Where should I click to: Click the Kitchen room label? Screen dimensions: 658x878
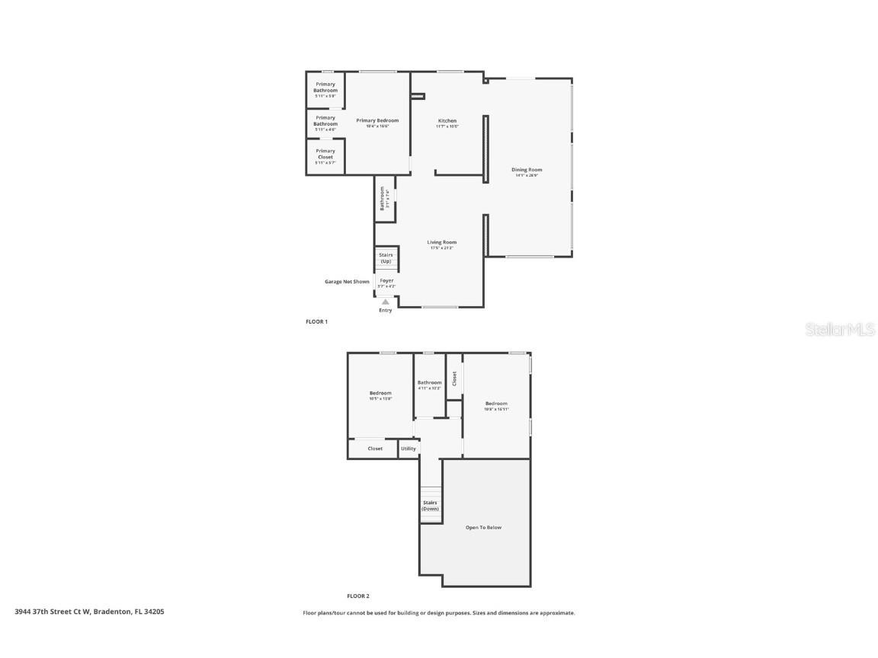click(447, 121)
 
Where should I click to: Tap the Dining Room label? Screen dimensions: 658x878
click(527, 170)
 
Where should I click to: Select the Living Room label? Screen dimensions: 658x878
click(442, 242)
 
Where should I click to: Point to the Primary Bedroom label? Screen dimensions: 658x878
click(377, 120)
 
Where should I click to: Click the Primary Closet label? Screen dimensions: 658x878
click(325, 154)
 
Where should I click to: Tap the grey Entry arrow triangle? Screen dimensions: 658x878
click(386, 302)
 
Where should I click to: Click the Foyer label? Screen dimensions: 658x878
click(387, 280)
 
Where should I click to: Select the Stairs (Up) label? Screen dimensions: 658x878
click(386, 258)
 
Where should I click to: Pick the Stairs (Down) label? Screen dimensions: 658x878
click(431, 505)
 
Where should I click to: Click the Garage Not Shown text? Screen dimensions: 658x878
click(347, 282)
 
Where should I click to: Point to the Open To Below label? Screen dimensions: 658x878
click(484, 527)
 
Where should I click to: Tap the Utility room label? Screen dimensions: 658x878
click(409, 449)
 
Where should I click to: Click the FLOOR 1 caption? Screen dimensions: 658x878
click(316, 322)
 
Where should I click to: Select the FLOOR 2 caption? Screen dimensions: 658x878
click(358, 596)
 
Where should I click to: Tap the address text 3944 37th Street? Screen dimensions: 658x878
click(89, 611)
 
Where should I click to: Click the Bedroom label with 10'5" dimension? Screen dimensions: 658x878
click(380, 393)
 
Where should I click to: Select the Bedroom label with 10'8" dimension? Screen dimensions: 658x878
click(496, 404)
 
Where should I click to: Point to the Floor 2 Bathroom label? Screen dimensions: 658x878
click(429, 382)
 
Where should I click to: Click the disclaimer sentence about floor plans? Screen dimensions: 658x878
click(439, 612)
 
